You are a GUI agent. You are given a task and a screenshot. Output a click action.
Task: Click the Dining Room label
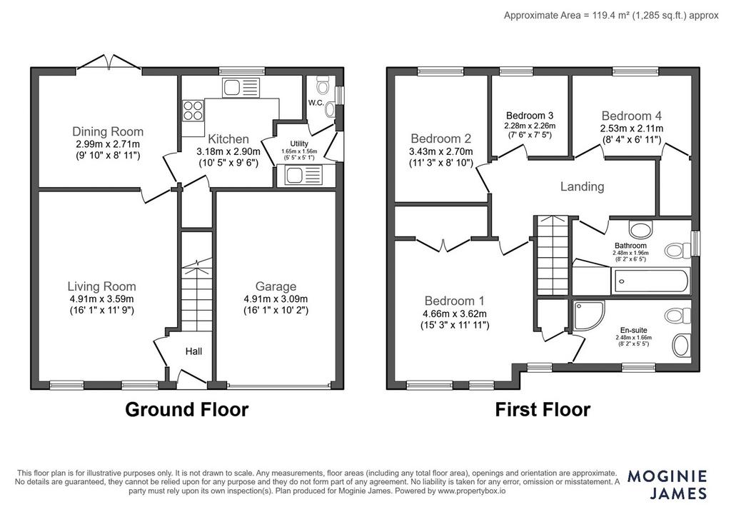pyautogui.click(x=108, y=131)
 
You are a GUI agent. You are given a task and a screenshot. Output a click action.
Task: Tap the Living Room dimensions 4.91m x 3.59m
pyautogui.click(x=101, y=299)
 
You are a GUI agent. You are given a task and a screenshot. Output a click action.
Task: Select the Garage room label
pyautogui.click(x=276, y=286)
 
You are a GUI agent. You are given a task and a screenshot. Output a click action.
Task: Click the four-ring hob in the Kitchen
pyautogui.click(x=193, y=111)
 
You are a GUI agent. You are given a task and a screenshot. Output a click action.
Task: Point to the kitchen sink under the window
pyautogui.click(x=241, y=88)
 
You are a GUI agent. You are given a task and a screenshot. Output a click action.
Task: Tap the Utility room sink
pyautogui.click(x=303, y=176)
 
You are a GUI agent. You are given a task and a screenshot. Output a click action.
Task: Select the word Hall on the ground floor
pyautogui.click(x=193, y=351)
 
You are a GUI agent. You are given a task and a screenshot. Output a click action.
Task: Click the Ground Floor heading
pyautogui.click(x=186, y=409)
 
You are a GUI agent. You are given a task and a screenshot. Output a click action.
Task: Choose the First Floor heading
pyautogui.click(x=543, y=410)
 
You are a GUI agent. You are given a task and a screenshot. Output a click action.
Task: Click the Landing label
pyautogui.click(x=583, y=186)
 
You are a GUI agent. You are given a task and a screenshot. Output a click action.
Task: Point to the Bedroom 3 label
pyautogui.click(x=530, y=116)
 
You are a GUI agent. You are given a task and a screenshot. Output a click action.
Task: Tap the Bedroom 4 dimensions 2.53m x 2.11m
pyautogui.click(x=632, y=129)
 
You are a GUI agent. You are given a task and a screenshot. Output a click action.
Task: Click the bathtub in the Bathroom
pyautogui.click(x=650, y=281)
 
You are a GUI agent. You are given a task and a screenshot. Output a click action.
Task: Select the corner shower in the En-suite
pyautogui.click(x=589, y=315)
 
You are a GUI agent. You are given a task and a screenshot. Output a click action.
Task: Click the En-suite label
pyautogui.click(x=634, y=330)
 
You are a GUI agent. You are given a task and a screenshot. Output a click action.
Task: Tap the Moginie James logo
pyautogui.click(x=667, y=484)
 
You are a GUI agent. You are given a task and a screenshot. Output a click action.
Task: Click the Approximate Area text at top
pyautogui.click(x=611, y=16)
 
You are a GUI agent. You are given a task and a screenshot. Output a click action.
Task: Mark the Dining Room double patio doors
pyautogui.click(x=109, y=63)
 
